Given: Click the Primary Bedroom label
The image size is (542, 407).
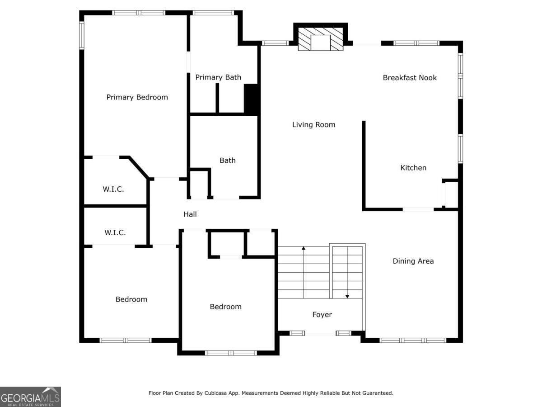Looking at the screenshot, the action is (x=137, y=97).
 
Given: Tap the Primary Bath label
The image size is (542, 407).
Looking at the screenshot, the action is (x=218, y=77).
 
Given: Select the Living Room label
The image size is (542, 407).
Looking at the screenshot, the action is (x=313, y=124).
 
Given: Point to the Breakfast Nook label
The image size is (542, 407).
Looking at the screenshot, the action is (x=410, y=78).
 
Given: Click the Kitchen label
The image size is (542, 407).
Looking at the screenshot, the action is (x=413, y=168).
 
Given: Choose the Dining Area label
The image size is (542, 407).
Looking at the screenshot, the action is (x=413, y=261).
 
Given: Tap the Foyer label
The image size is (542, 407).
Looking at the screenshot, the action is (x=322, y=315).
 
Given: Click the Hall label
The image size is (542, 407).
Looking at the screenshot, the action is (x=190, y=214).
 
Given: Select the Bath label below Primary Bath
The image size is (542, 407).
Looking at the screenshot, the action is (x=228, y=161).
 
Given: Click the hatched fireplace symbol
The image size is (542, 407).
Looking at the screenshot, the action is (x=321, y=39).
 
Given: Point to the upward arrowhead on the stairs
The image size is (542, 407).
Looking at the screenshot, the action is (x=304, y=248).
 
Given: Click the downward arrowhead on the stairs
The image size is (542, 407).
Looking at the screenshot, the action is (x=347, y=297).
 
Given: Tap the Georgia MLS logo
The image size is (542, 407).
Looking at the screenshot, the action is (x=30, y=397).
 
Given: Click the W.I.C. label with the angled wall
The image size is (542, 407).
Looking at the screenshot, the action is (x=113, y=189).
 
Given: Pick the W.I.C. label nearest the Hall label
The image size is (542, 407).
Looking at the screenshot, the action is (x=115, y=232).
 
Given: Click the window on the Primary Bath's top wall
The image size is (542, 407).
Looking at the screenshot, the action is (x=213, y=13).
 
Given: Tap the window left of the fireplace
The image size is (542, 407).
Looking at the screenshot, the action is (x=276, y=43).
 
